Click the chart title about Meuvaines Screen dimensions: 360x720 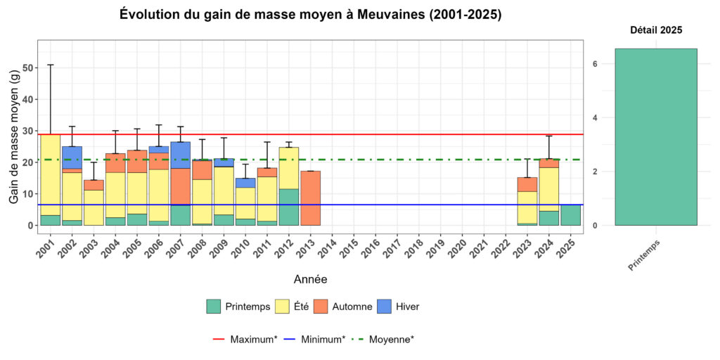coord(310,15)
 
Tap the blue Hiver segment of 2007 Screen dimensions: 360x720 coord(180,155)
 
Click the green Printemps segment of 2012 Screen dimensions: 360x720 coord(289,207)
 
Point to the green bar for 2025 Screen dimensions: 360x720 coord(571,214)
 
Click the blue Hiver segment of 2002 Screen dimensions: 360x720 coord(72,157)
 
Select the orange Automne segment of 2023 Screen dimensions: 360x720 coord(527,184)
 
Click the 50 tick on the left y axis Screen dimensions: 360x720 coord(28,68)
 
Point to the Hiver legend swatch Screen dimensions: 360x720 coord(380,307)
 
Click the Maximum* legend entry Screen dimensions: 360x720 coord(243,339)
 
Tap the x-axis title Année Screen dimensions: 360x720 coord(310,279)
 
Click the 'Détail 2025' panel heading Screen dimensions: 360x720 coord(655,30)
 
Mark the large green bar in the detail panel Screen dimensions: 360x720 coord(655,136)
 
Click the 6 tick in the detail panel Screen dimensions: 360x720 coord(594,64)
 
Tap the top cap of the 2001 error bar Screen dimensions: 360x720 coord(50,65)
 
